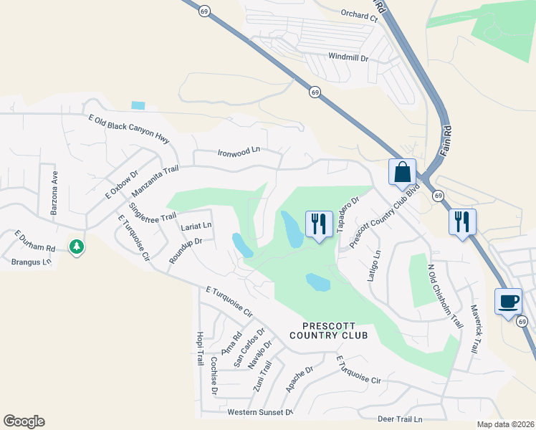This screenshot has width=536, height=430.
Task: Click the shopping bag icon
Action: (x=402, y=173)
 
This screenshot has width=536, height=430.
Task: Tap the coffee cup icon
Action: (x=508, y=302)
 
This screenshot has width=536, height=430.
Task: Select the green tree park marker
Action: (x=77, y=247)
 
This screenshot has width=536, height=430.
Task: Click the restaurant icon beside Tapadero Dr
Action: (x=318, y=223)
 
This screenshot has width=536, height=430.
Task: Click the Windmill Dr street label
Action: (x=348, y=56)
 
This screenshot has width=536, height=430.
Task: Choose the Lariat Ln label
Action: (x=196, y=226)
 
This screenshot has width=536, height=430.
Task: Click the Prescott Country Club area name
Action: (x=329, y=330)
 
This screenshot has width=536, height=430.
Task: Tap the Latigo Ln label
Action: (x=374, y=265)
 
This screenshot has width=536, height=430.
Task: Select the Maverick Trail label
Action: (x=474, y=329)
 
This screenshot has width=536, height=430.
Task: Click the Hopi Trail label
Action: (x=200, y=348)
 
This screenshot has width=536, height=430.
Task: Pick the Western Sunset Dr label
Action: (x=260, y=412)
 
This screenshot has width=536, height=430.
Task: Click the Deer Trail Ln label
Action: (x=400, y=419)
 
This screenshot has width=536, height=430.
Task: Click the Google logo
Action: (x=24, y=422)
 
